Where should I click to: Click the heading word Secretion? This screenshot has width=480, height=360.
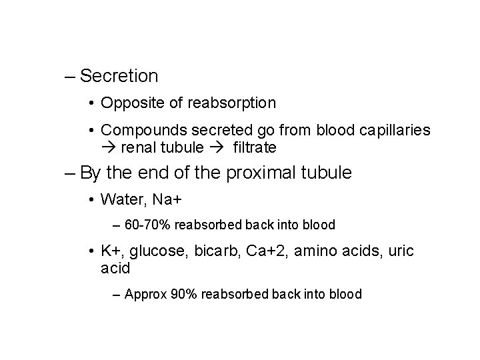click(119, 76)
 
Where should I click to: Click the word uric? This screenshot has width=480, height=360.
click(399, 251)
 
